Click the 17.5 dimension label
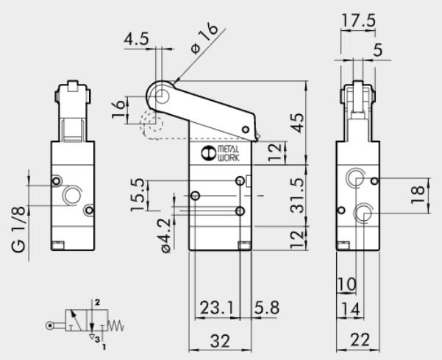tap(360, 20)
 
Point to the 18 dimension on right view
tap(418, 194)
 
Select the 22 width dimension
tap(360, 341)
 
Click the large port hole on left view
tap(72, 195)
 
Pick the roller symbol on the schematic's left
tap(49, 325)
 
